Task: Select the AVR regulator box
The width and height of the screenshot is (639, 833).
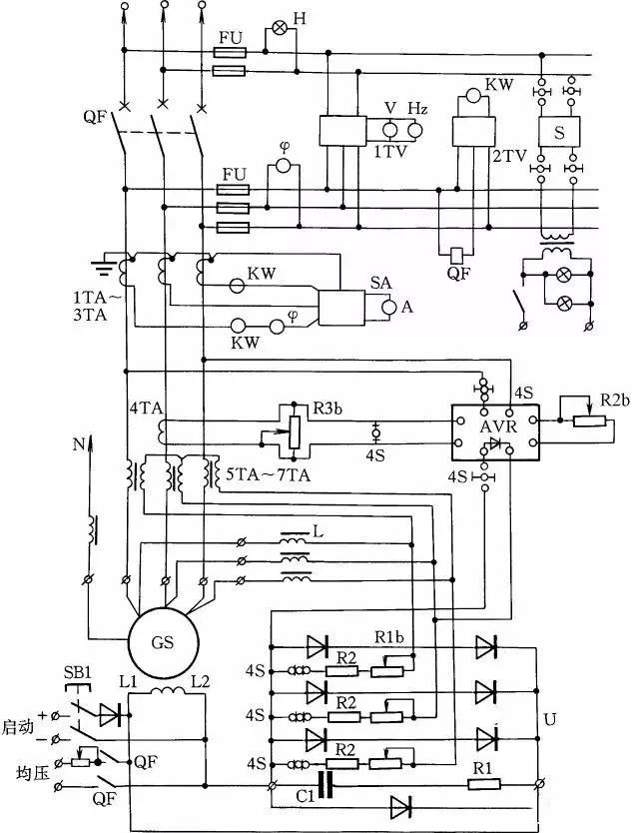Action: (x=493, y=430)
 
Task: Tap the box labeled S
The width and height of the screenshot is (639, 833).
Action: (x=557, y=131)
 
